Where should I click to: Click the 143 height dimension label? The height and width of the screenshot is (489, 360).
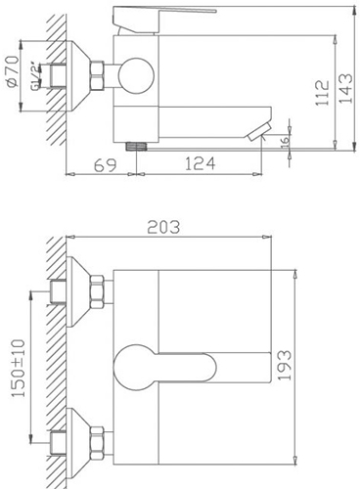tap(346, 89)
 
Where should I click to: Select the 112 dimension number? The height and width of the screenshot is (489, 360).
tap(322, 93)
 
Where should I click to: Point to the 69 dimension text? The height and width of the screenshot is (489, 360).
tap(105, 165)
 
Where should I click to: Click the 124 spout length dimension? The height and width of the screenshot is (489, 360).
tap(201, 163)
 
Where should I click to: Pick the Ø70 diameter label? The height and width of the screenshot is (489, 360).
tap(13, 71)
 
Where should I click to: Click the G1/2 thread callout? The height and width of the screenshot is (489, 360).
tap(35, 76)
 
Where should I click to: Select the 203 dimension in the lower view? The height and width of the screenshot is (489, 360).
tap(163, 227)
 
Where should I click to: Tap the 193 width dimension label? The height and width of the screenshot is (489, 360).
tap(284, 365)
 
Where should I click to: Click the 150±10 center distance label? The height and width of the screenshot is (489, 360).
tap(18, 368)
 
